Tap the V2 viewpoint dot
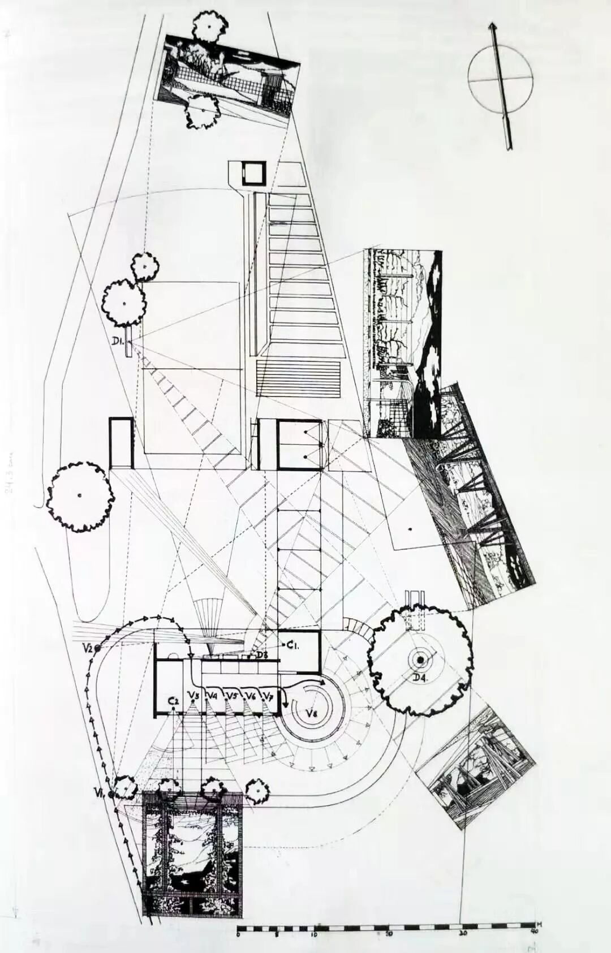click(98, 648)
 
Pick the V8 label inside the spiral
click(312, 713)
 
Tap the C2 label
click(174, 701)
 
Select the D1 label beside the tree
click(118, 340)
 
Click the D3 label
click(261, 656)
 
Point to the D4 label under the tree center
click(420, 678)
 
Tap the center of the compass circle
click(501, 80)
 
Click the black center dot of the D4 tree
click(421, 660)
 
